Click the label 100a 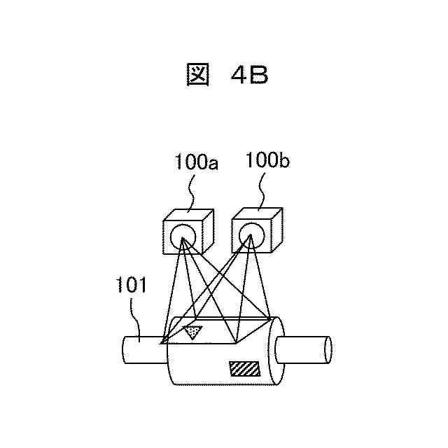(x=196, y=164)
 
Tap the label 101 (x=130, y=285)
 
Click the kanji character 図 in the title (x=199, y=75)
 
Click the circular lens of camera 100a (x=182, y=237)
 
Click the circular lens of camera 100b (x=250, y=234)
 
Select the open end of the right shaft (x=326, y=349)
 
